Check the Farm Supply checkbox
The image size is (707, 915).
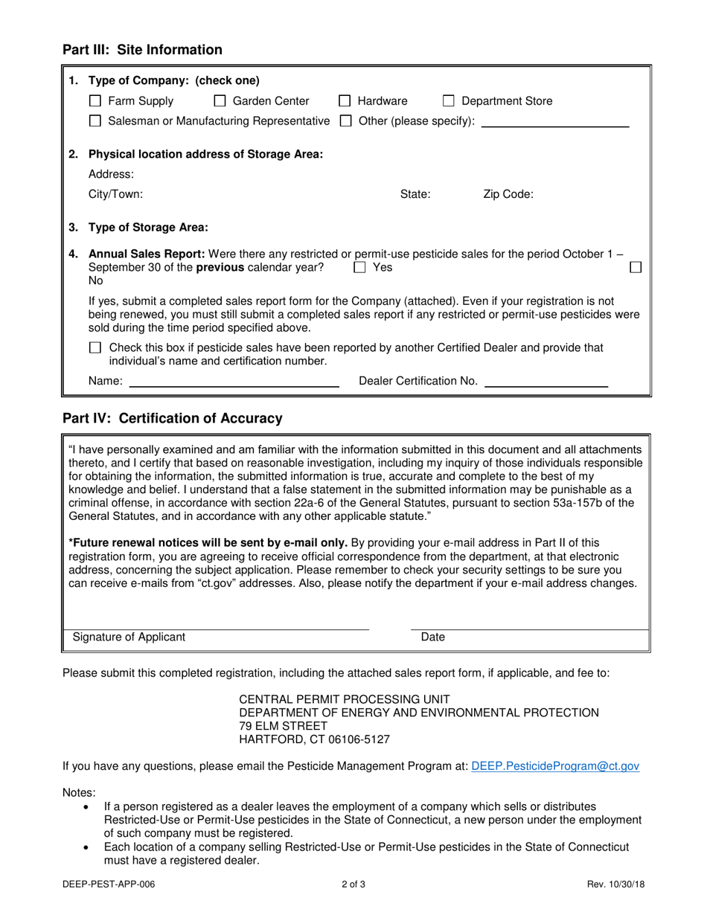(95, 101)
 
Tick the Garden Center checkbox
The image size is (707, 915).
(220, 101)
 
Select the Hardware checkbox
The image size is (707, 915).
(345, 101)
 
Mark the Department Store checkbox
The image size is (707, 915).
(449, 101)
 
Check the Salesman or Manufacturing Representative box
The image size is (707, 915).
(95, 121)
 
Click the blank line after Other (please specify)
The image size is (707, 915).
(554, 123)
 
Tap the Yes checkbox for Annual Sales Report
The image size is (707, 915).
(359, 267)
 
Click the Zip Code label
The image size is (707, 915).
(508, 195)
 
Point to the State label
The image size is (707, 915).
(415, 195)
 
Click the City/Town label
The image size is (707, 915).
(115, 195)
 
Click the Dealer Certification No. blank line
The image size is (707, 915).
(546, 384)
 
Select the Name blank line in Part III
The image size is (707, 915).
(234, 384)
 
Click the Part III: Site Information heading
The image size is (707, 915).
(142, 50)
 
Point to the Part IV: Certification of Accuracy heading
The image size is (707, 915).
(172, 419)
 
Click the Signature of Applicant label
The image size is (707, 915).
(129, 638)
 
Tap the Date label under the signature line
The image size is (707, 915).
(432, 638)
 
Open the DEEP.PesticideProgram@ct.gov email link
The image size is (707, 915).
(555, 765)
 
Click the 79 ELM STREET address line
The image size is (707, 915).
(282, 726)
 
